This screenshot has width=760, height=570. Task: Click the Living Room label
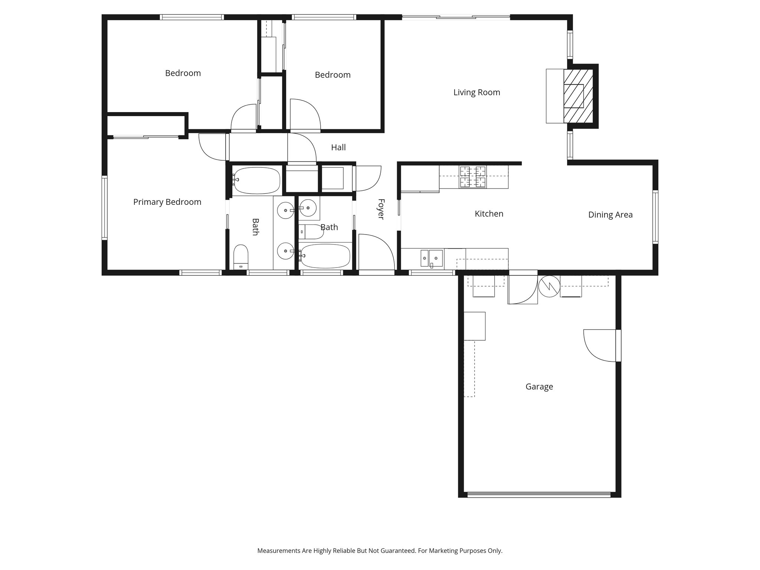[476, 92]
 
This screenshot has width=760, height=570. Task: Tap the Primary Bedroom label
[167, 202]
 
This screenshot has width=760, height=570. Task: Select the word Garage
[539, 387]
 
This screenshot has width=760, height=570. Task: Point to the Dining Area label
[610, 214]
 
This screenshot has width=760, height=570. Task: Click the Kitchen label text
[489, 214]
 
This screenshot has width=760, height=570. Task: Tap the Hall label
[338, 147]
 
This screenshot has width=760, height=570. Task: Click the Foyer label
[381, 209]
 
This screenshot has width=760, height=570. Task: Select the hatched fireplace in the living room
[578, 96]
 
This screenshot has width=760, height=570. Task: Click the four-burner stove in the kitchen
[473, 177]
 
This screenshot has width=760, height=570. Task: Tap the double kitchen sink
[432, 258]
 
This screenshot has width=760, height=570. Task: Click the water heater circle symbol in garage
[549, 286]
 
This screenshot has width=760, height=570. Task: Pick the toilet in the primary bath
[241, 256]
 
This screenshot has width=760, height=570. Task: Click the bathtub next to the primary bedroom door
[256, 180]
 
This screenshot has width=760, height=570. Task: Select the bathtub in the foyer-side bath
[325, 256]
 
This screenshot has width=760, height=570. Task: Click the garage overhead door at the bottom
[539, 494]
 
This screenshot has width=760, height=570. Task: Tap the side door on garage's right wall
[618, 345]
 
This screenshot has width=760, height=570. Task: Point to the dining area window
[655, 217]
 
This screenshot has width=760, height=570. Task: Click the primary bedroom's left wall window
[105, 207]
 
